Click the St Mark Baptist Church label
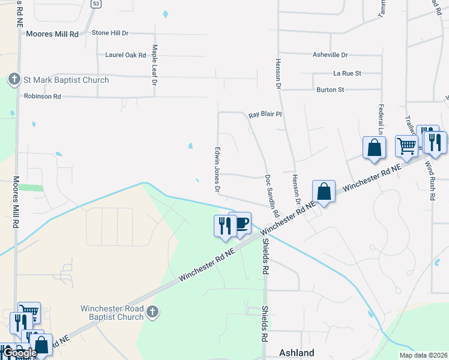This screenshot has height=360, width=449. coord(66,80)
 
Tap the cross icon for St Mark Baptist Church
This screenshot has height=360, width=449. coord(14,80)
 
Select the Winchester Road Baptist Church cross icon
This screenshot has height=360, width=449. coord(152,311)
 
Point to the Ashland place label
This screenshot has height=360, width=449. coord(297,353)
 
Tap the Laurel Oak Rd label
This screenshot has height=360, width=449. coord(125,55)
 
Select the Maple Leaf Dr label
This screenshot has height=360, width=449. coord(154,64)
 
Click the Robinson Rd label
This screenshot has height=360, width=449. coord(43,96)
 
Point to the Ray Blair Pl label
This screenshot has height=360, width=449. coord(265,114)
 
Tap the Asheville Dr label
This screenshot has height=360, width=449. coord(330,55)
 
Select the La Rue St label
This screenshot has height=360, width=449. coord(347,73)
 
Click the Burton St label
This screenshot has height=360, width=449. coord(330,90)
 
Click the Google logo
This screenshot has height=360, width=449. coord(20,353)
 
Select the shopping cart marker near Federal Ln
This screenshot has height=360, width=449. coord(406,145)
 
